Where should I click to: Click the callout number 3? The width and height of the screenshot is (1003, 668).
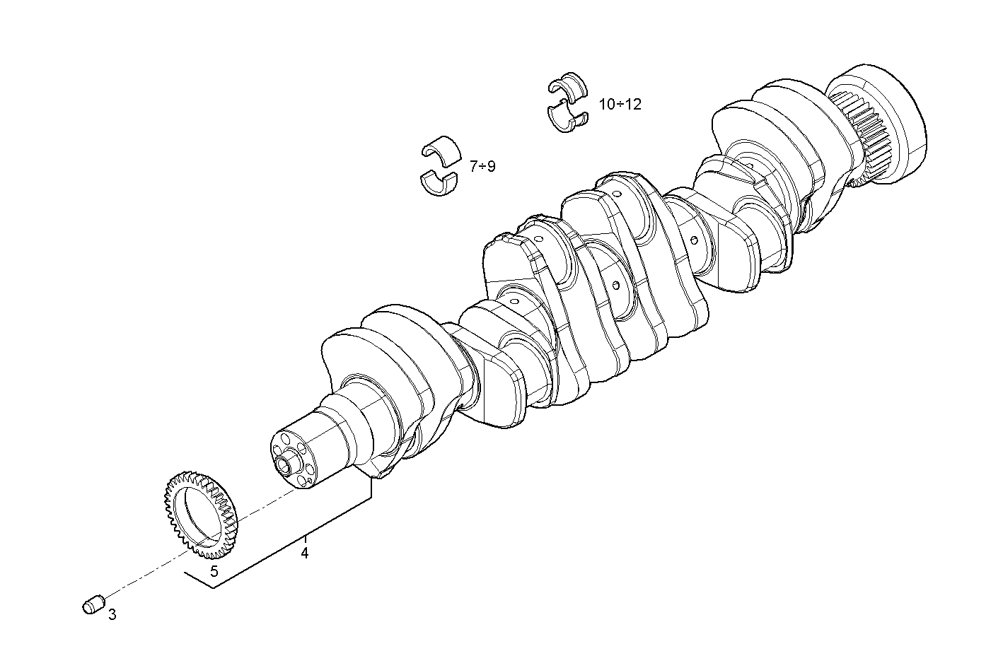pyautogui.click(x=112, y=615)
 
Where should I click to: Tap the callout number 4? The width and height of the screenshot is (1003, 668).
pyautogui.click(x=304, y=553)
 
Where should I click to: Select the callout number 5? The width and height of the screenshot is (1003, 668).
pyautogui.click(x=214, y=571)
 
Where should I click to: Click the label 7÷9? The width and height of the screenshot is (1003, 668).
pyautogui.click(x=482, y=166)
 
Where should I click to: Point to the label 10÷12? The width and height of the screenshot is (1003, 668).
pyautogui.click(x=620, y=104)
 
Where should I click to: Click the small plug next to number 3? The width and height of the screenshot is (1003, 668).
pyautogui.click(x=93, y=604)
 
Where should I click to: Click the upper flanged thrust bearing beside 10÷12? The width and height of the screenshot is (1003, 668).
pyautogui.click(x=568, y=84)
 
